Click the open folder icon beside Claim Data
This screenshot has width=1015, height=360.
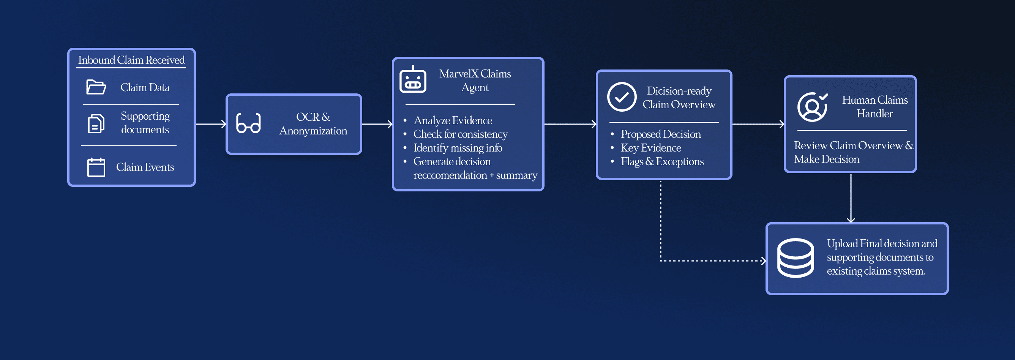pyautogui.click(x=96, y=87)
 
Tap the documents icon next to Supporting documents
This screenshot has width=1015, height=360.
pyautogui.click(x=96, y=124)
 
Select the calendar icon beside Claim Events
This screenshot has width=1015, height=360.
pyautogui.click(x=96, y=167)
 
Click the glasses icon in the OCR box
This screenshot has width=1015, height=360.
pyautogui.click(x=248, y=123)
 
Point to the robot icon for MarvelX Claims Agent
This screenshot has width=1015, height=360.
pyautogui.click(x=412, y=80)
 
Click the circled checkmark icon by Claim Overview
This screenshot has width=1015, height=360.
pyautogui.click(x=621, y=97)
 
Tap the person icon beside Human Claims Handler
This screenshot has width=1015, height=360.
pyautogui.click(x=812, y=107)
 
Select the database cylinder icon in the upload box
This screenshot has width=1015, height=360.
pyautogui.click(x=795, y=258)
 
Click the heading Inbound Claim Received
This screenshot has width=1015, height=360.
pyautogui.click(x=131, y=60)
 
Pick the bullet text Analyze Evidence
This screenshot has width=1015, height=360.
pyautogui.click(x=453, y=120)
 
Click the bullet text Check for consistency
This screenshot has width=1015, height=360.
pyautogui.click(x=460, y=134)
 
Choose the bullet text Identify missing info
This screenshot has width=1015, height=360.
pyautogui.click(x=458, y=148)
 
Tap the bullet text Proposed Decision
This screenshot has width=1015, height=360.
pyautogui.click(x=661, y=134)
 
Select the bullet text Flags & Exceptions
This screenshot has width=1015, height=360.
pyautogui.click(x=662, y=161)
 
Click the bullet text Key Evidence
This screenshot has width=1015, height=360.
pyautogui.click(x=651, y=148)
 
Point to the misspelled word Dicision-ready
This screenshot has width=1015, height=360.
pyautogui.click(x=679, y=91)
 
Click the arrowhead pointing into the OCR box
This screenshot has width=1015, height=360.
pyautogui.click(x=224, y=124)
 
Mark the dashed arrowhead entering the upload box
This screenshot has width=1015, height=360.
pyautogui.click(x=764, y=261)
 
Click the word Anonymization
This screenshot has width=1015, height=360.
pyautogui.click(x=313, y=130)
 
